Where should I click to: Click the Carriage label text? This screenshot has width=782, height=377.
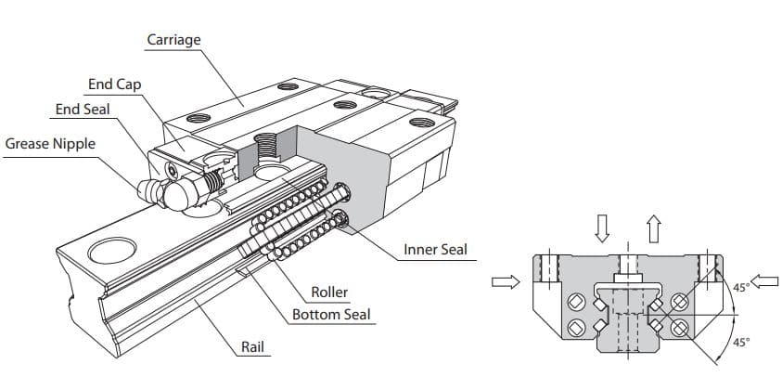(x=173, y=40)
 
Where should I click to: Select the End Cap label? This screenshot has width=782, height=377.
(x=114, y=84)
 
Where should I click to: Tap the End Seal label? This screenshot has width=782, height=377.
(x=83, y=110)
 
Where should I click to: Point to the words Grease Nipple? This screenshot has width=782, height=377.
(x=50, y=144)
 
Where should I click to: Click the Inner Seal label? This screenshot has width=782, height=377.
(x=435, y=250)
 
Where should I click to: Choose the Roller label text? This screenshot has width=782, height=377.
(x=329, y=292)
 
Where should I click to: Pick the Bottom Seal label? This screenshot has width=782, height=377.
(x=331, y=315)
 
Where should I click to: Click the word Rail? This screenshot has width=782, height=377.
(x=253, y=347)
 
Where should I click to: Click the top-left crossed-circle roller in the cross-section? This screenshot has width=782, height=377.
(x=574, y=300)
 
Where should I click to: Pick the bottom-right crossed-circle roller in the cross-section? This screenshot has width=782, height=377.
(x=679, y=326)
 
